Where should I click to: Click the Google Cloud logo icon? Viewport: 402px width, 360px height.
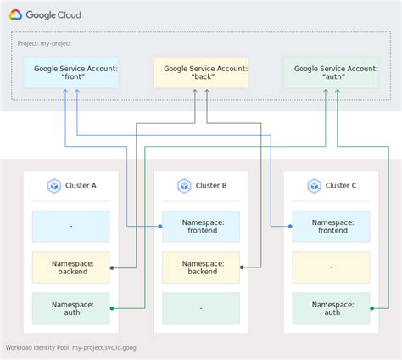point(16,14)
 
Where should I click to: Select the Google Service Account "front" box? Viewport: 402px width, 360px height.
point(70,73)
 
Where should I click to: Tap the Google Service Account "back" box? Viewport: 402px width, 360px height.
point(201,73)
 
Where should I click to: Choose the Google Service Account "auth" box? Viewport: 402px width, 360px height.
point(331,73)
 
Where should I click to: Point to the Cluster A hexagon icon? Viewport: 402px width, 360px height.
point(53,186)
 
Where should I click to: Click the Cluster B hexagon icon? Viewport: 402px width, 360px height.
point(183,186)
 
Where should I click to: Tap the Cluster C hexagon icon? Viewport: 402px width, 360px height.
point(314,186)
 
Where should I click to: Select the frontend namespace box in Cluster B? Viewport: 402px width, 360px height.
point(202,227)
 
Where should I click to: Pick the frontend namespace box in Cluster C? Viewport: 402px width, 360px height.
point(332,227)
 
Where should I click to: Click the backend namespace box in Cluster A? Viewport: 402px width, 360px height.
point(72,267)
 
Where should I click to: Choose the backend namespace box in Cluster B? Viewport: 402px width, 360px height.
point(202,267)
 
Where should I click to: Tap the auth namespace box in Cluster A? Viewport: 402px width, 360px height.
point(72,308)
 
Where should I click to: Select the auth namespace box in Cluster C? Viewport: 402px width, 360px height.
point(332,308)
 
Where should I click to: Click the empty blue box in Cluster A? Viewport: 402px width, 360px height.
point(71,227)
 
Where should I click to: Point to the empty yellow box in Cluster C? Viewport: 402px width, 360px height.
point(331,267)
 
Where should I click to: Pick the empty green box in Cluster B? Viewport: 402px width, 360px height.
point(201,308)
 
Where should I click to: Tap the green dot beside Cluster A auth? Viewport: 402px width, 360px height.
point(112,308)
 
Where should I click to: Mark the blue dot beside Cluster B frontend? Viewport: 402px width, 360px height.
point(161,227)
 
